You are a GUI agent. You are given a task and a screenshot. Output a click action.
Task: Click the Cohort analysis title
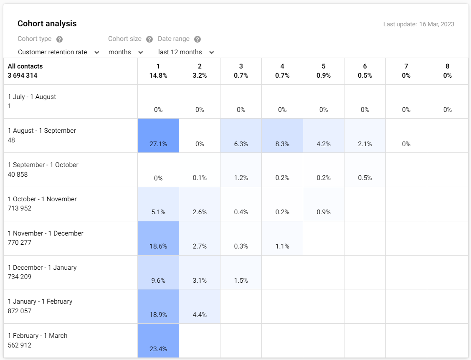(x=47, y=24)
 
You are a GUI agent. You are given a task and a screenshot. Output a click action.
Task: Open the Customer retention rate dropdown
(x=58, y=52)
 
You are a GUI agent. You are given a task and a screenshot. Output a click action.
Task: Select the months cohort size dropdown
(x=126, y=52)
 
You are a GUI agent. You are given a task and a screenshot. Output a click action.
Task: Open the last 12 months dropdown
(x=186, y=52)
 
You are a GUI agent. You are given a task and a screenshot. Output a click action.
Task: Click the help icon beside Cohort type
(x=59, y=39)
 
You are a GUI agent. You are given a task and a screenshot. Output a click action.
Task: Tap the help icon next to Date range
(x=198, y=39)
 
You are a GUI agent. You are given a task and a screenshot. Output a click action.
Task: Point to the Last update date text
(x=418, y=24)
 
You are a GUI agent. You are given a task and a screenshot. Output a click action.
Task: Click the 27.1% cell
(x=158, y=136)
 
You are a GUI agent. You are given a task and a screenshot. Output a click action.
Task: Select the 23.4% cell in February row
(x=158, y=341)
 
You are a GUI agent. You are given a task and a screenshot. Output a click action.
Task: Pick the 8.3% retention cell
(x=282, y=136)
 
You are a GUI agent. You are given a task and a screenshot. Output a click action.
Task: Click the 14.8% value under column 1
(x=158, y=76)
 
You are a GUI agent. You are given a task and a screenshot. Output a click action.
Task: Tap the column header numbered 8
(x=447, y=66)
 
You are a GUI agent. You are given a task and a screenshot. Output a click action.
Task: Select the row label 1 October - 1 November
(x=42, y=199)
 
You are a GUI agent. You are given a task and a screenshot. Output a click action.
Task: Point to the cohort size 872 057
(x=20, y=311)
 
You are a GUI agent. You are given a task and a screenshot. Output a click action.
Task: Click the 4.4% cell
(x=200, y=307)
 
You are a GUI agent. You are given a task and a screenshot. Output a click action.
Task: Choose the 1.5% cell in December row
(x=241, y=272)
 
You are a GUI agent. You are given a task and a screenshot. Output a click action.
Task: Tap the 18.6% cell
(x=158, y=238)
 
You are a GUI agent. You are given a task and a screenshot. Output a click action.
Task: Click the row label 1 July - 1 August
(x=32, y=97)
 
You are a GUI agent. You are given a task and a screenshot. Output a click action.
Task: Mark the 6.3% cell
(x=241, y=136)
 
